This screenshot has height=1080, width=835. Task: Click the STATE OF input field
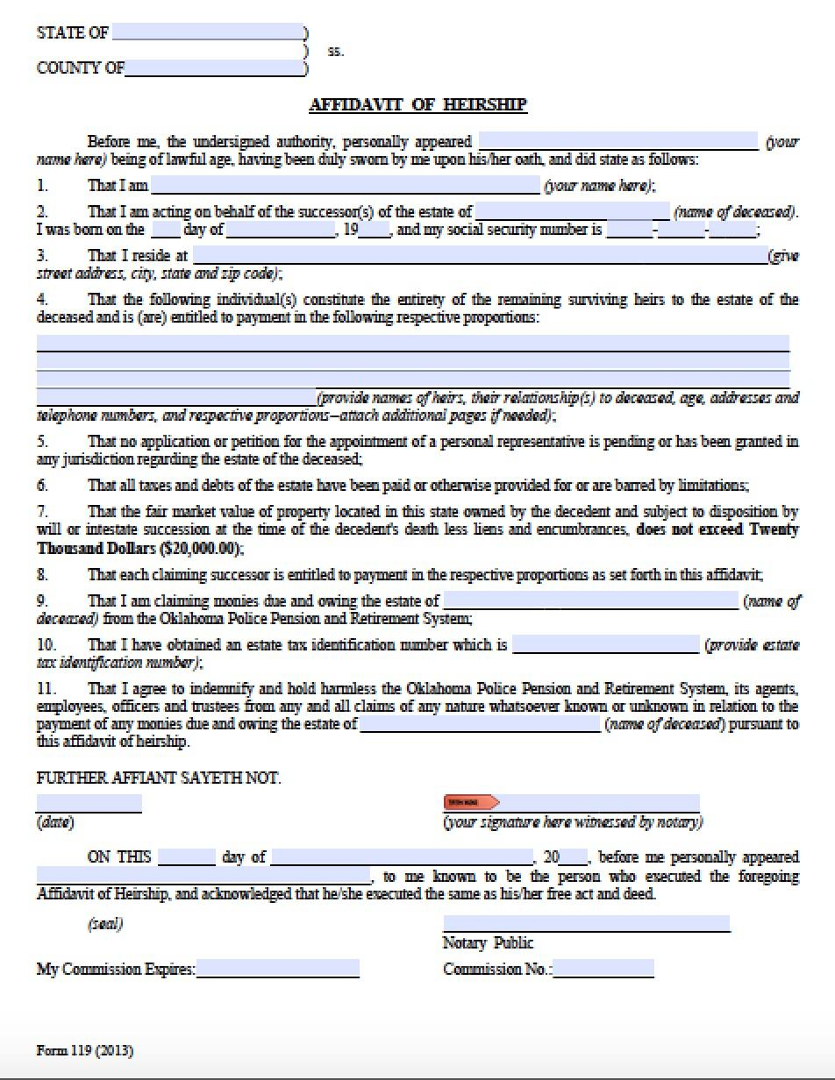point(207,32)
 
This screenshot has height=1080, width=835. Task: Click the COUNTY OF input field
point(215,68)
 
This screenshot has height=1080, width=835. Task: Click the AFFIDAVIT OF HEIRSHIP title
point(417,104)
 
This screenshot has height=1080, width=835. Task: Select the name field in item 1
point(346,185)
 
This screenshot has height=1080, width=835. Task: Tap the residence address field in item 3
point(479,255)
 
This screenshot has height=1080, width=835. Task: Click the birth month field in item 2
point(281,231)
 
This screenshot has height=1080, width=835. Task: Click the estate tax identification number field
point(606,645)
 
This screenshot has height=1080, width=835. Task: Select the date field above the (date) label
point(89,803)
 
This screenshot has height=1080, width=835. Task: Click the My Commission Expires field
point(278,969)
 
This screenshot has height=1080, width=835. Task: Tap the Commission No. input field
point(604,969)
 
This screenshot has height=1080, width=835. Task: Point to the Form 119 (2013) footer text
point(85,1050)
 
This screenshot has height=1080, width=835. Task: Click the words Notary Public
point(488,943)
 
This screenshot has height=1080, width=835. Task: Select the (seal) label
point(105,924)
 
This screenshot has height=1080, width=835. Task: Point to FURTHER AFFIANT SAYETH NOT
point(159,778)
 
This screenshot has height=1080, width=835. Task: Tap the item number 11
point(46,689)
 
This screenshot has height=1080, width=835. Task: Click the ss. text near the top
point(336,51)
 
